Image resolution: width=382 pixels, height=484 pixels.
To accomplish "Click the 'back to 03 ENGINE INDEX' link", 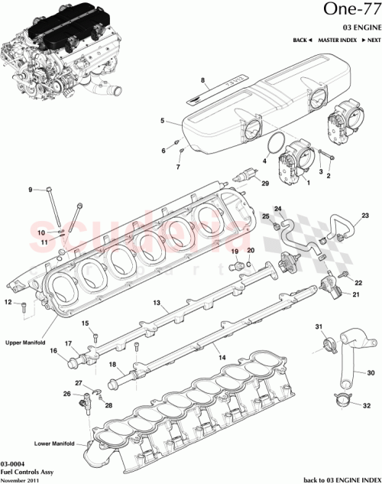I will (x=341, y=479).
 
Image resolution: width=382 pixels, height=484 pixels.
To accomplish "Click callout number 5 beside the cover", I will (x=162, y=120).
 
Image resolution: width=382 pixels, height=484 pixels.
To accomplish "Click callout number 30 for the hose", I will (x=371, y=373).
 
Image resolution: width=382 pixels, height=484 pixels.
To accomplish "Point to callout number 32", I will (x=367, y=405).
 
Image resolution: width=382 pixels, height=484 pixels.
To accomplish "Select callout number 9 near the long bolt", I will (x=31, y=190).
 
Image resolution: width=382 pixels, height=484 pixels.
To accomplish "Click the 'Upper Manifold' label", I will (x=25, y=343).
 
